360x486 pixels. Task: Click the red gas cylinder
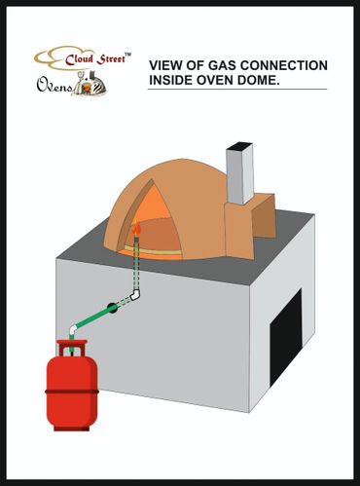(72, 386)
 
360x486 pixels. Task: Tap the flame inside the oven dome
(137, 228)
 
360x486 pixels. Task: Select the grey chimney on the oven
(239, 173)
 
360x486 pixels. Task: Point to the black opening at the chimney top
(239, 146)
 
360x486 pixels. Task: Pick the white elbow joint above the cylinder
(74, 330)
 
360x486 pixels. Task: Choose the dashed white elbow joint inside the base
(135, 295)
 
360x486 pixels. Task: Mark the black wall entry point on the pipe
(112, 308)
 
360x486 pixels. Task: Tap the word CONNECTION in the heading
(284, 65)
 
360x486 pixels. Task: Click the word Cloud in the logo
(79, 59)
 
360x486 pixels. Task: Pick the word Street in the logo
(111, 58)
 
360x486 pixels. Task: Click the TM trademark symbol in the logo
(128, 55)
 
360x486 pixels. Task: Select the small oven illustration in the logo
(90, 84)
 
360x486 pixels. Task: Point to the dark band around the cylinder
(72, 392)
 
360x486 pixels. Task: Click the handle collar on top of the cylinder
(72, 348)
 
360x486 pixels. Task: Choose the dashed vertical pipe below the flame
(136, 264)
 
